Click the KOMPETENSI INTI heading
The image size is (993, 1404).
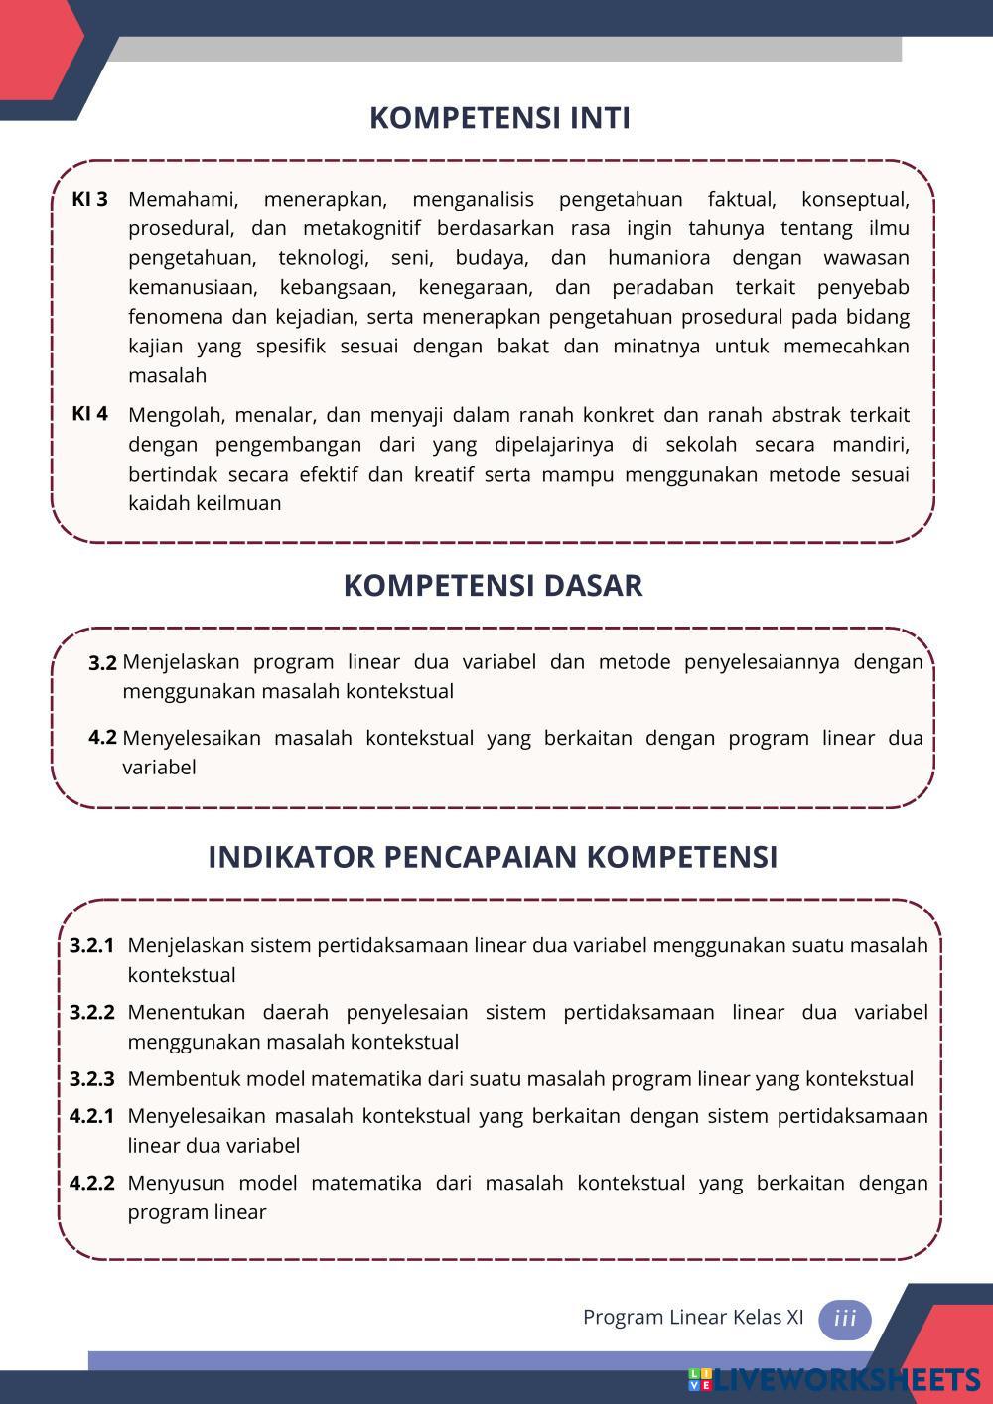coord(499,118)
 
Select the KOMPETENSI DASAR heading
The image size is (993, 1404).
coord(493,586)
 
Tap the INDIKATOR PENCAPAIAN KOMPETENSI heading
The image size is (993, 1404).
coord(493,857)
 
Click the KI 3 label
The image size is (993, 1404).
coord(89,199)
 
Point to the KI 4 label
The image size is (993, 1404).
coord(89,414)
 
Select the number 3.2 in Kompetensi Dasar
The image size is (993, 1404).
coord(102,663)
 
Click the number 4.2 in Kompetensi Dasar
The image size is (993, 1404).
coord(102,738)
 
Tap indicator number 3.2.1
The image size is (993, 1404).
coord(92,945)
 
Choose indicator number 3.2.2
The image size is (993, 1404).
coord(92,1013)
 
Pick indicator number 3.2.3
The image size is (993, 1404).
coord(92,1079)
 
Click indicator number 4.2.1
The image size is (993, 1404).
coord(92,1116)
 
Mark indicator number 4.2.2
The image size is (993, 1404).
coord(92,1184)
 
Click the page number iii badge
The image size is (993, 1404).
coord(845,1319)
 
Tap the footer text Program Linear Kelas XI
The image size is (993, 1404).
coord(693,1318)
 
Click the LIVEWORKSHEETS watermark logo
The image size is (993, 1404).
coord(833,1380)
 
